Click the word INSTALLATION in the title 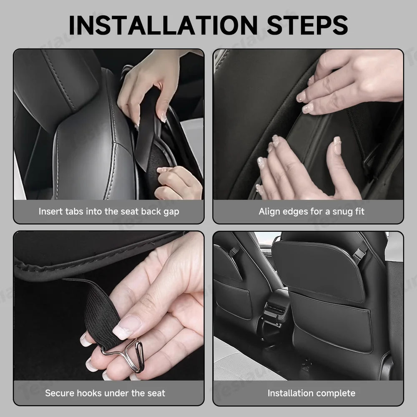[163, 25]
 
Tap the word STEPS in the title [307, 25]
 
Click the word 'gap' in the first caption [171, 212]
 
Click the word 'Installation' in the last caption [291, 393]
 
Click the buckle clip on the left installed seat [234, 251]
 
